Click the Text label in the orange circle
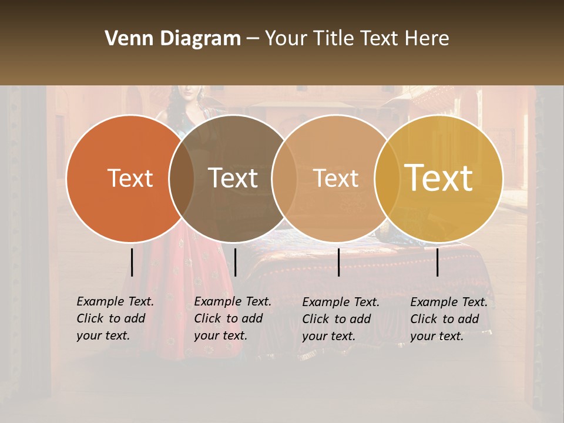tap(130, 179)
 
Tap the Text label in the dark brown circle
tap(233, 178)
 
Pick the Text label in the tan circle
tap(336, 179)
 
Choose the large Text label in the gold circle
tap(439, 178)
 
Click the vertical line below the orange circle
tap(132, 262)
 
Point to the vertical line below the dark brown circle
tap(235, 262)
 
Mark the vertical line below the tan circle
tap(338, 262)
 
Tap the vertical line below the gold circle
tap(438, 262)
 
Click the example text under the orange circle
tap(115, 318)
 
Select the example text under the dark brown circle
tap(232, 318)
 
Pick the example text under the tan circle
tap(340, 319)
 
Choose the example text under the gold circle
tap(448, 319)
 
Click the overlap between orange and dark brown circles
tap(182, 179)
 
